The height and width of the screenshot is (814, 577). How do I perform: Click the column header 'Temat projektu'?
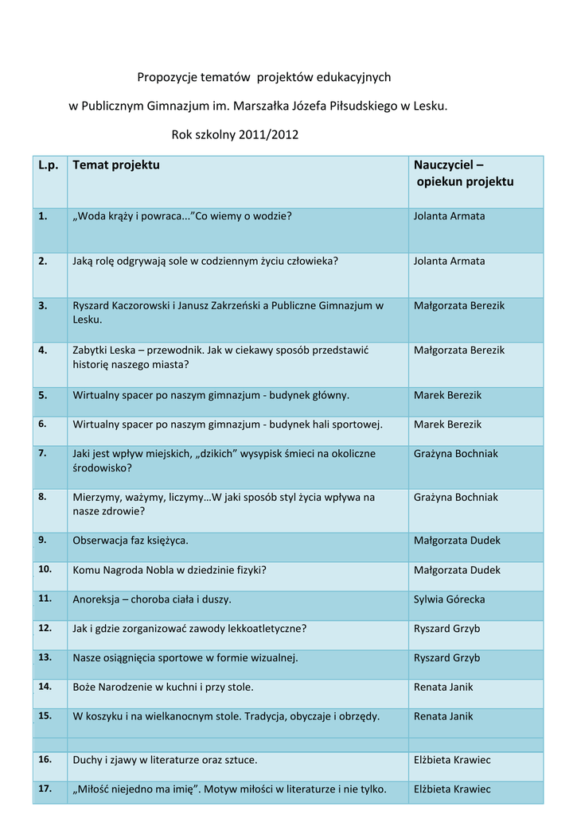116,165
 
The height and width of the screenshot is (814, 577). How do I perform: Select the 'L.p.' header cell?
49,165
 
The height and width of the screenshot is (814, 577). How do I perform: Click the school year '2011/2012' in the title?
268,134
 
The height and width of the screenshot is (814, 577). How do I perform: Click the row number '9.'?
42,540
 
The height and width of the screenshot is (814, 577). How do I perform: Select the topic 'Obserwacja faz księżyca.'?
131,541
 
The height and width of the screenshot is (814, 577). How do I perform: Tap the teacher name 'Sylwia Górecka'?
449,599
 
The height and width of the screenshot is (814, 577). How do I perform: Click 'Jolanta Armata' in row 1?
449,216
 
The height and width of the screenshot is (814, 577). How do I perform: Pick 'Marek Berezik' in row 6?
447,424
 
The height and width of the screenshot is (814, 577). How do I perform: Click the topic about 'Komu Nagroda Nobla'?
170,570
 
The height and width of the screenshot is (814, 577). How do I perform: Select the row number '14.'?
45,686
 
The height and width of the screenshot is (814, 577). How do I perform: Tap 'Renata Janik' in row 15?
443,716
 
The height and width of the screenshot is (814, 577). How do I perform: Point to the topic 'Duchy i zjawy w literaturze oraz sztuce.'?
165,760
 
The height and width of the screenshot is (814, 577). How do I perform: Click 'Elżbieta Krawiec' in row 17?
452,789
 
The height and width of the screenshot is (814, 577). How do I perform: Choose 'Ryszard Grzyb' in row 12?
446,629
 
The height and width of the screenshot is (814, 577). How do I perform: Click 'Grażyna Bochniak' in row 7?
456,454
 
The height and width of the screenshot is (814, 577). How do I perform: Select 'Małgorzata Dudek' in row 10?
457,570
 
